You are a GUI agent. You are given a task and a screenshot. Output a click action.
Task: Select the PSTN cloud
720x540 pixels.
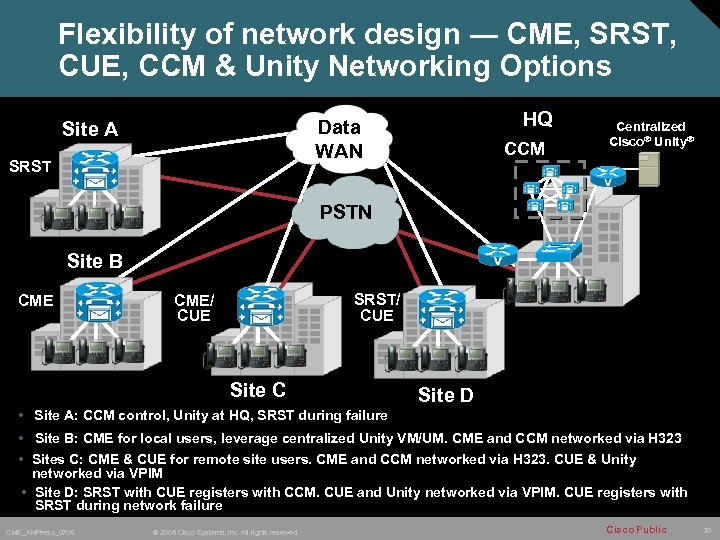[x=345, y=212]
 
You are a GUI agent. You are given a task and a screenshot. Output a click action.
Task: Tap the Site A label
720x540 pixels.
[x=90, y=129]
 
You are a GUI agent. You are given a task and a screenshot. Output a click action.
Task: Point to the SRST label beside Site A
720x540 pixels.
[x=29, y=166]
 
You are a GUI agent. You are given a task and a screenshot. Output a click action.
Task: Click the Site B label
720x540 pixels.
[x=95, y=261]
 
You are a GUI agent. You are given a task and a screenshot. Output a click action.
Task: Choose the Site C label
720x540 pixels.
[x=258, y=390]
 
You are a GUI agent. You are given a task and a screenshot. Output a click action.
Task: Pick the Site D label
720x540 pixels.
[x=445, y=395]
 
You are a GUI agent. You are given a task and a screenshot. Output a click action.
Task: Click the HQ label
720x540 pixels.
[x=538, y=119]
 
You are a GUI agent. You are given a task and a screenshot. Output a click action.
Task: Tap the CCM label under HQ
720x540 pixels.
[x=525, y=149]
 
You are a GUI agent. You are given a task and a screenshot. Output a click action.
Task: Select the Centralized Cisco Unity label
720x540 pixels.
[x=650, y=133]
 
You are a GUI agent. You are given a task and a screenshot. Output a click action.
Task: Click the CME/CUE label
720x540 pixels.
[x=193, y=307]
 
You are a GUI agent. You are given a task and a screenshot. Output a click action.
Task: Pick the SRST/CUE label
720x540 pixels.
[x=376, y=307]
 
